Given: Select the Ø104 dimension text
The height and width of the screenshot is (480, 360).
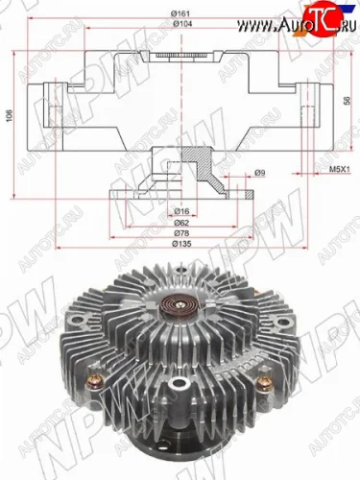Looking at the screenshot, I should pos(180,25).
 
